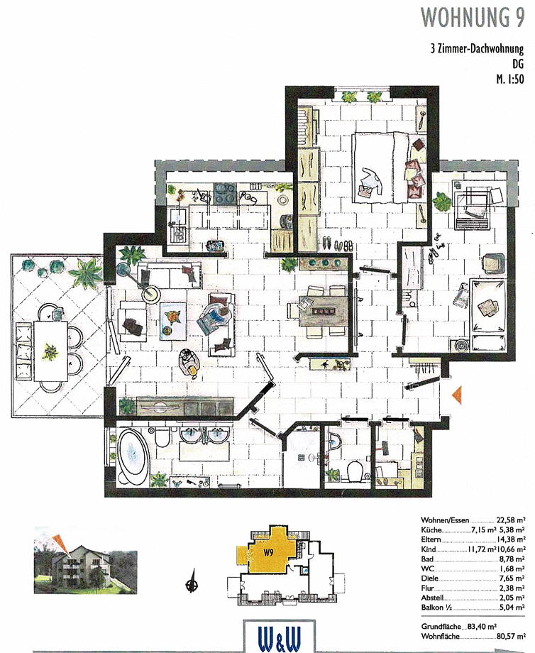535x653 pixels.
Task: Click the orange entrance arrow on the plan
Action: pos(457,394)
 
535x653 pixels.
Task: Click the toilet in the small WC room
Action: pos(355,469)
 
